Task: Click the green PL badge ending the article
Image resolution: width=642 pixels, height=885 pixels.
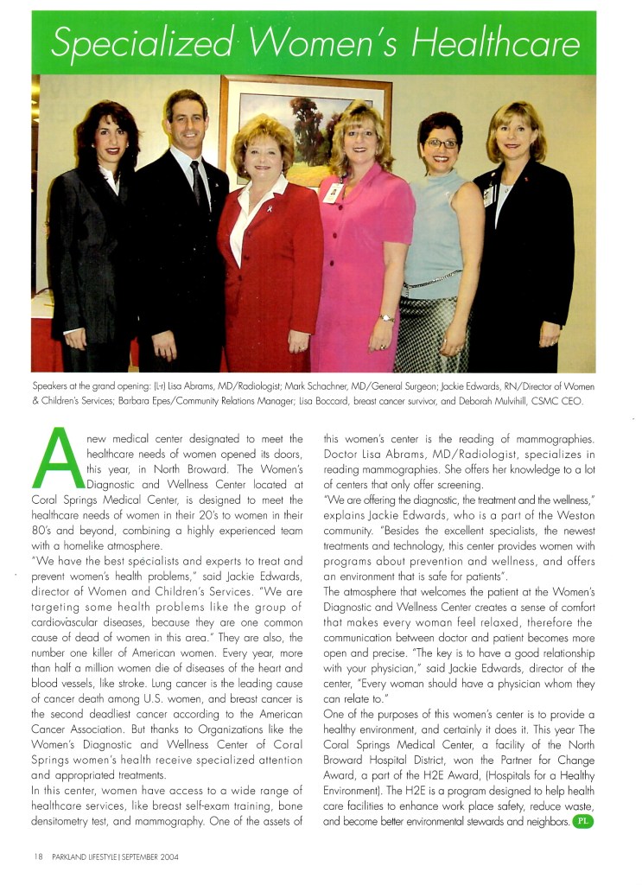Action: [x=583, y=821]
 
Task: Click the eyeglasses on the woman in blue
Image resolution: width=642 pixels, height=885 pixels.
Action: [x=442, y=143]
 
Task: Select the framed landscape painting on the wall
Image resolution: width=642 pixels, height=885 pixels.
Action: [x=294, y=121]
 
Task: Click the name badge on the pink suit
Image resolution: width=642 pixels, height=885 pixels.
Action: [x=331, y=194]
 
